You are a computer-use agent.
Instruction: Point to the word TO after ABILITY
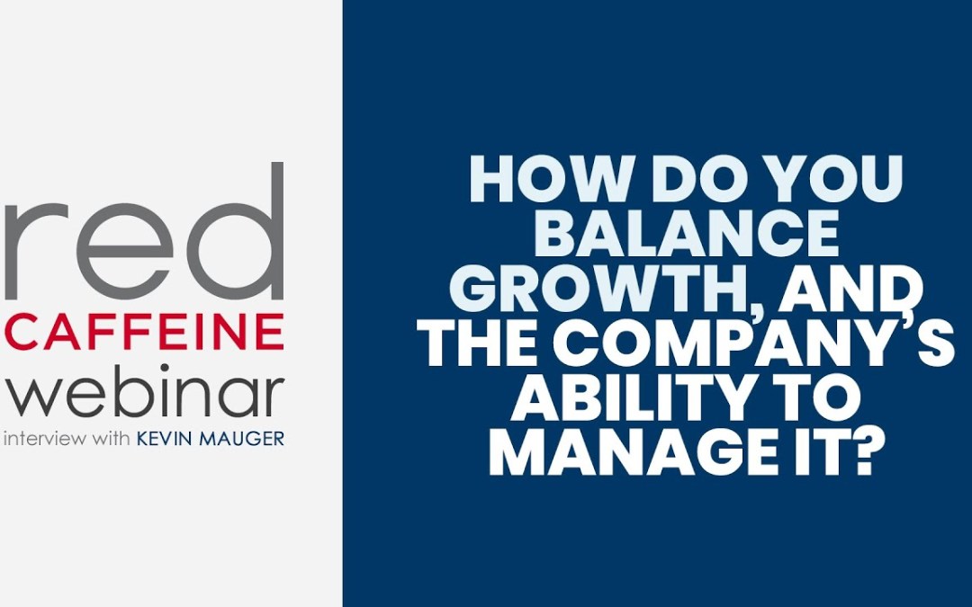pos(810,401)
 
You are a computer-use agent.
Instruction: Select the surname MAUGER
pos(242,441)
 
